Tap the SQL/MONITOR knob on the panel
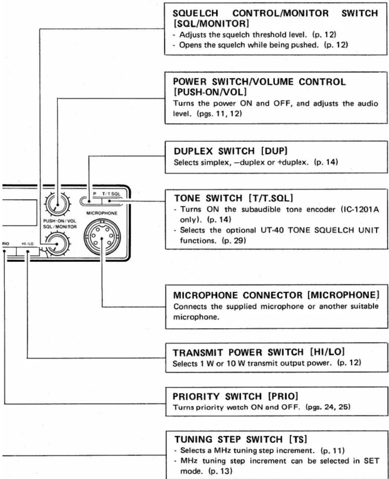coord(58,244)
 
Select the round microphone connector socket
coord(102,238)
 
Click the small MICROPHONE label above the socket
coord(102,213)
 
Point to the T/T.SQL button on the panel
coord(112,201)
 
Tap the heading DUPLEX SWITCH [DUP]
coord(231,151)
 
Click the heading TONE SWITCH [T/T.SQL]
coord(233,198)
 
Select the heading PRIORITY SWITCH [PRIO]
coord(235,396)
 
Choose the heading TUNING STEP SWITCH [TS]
coord(241,439)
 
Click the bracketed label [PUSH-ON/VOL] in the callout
coord(210,91)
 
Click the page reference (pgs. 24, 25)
coord(328,407)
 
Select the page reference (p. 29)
coord(234,241)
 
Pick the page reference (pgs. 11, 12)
coord(219,114)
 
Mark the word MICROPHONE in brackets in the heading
coord(343,295)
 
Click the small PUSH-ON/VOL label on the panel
coord(60,221)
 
